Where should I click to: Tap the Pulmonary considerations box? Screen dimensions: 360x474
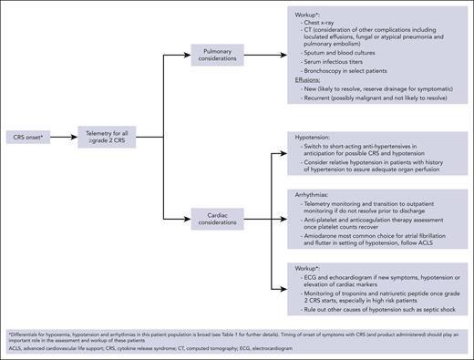tap(222, 56)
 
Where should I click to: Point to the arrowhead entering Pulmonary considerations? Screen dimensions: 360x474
tap(190, 56)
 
